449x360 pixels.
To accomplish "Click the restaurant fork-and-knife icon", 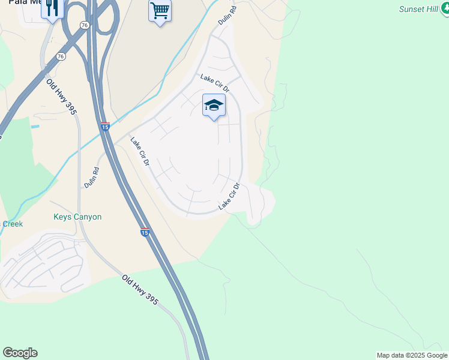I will pos(53,8).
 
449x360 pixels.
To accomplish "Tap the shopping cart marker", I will pos(160,10).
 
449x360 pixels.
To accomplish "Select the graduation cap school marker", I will pos(214,106).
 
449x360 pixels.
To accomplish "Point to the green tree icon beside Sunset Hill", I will pos(443,9).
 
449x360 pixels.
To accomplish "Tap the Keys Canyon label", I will pos(77,217).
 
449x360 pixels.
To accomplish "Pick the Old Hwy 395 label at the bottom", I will pos(140,290).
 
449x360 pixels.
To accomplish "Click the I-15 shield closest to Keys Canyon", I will pos(145,232).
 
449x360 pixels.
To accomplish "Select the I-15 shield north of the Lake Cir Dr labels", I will pos(105,127).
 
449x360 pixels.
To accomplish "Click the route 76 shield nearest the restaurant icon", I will pos(85,25).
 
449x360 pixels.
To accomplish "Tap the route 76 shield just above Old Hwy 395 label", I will pos(61,56).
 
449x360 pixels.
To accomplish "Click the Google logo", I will pos(20,353).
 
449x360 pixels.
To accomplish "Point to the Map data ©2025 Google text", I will pos(412,355).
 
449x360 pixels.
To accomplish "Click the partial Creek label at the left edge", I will pos(12,224).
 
